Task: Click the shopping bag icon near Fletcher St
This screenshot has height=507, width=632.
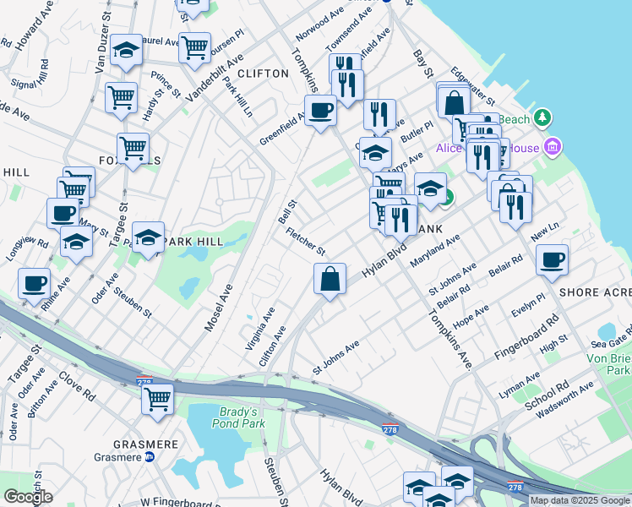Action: tap(330, 278)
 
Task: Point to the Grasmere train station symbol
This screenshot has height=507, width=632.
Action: tap(150, 457)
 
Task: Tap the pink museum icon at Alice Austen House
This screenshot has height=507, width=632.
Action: tap(553, 148)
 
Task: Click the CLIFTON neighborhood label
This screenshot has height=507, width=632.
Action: tap(263, 74)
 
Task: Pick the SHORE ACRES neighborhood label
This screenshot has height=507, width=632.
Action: tap(595, 292)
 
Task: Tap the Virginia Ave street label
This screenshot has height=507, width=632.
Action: tap(259, 327)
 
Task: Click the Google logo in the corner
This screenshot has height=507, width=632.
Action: tap(28, 497)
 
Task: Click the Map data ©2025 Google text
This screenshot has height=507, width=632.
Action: tap(580, 500)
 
